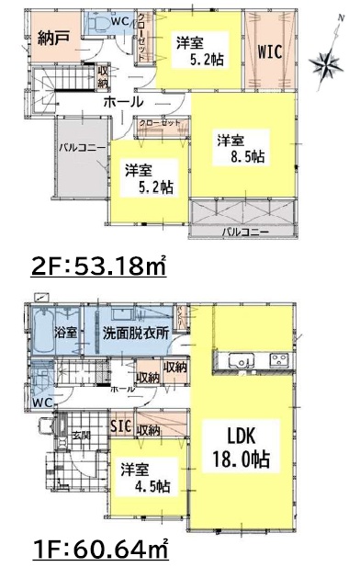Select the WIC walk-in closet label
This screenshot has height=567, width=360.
[269, 51]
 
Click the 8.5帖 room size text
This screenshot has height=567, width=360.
[242, 149]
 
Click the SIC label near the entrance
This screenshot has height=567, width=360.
[120, 427]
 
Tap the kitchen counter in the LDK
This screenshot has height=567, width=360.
[253, 359]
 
